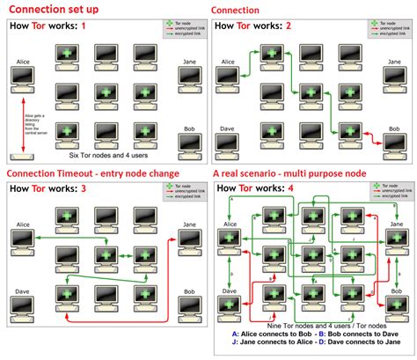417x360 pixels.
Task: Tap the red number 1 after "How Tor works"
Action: coord(84,26)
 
